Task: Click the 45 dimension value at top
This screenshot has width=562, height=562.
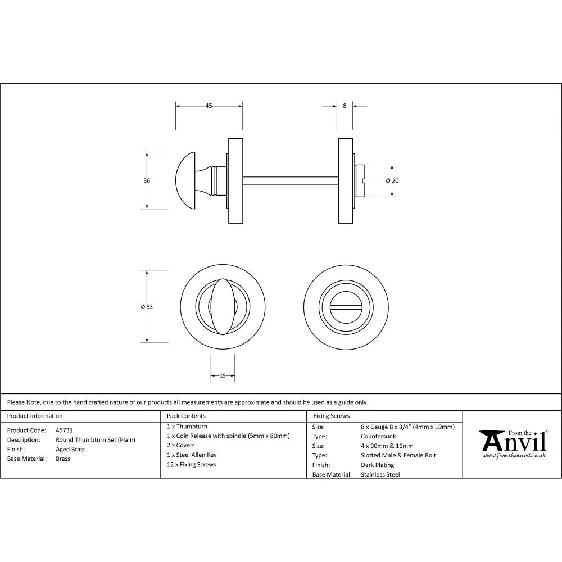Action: point(209,105)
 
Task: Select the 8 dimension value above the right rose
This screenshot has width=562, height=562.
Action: point(345,105)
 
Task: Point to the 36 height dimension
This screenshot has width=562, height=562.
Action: point(147,180)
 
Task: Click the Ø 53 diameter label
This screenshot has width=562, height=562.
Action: point(147,306)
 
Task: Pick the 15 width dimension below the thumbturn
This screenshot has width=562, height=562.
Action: point(223,376)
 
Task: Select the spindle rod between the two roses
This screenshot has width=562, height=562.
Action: point(290,180)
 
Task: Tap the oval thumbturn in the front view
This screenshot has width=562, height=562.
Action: point(223,306)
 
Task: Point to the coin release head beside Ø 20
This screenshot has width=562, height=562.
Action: point(361,180)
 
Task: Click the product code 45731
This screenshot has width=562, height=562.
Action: point(65,430)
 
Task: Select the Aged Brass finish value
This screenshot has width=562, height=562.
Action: point(71,450)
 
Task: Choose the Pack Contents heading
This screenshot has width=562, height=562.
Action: point(186,416)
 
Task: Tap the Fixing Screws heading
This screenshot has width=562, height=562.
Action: point(331,416)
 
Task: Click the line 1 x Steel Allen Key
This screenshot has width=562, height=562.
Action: point(192,455)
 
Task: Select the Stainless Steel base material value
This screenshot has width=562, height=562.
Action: point(380,474)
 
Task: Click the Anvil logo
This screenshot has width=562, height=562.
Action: point(512,444)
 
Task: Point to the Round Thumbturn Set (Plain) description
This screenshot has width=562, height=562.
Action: point(96,440)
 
